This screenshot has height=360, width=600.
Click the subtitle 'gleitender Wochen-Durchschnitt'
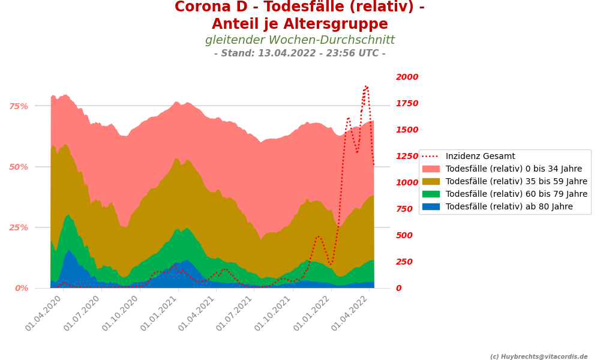(300, 40)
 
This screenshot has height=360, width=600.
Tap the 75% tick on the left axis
(19, 106)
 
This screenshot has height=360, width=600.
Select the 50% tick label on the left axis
(19, 167)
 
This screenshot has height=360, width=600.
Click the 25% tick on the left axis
(19, 227)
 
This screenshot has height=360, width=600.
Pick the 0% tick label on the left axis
(21, 288)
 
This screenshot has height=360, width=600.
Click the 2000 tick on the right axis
(407, 77)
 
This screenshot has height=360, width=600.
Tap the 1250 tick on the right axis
(407, 156)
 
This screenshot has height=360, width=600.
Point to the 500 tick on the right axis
(404, 235)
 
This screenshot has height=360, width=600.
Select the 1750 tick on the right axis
(407, 103)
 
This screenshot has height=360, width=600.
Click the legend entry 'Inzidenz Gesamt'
(480, 157)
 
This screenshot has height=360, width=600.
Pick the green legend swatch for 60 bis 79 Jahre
(431, 194)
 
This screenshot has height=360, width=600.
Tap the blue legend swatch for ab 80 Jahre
(431, 206)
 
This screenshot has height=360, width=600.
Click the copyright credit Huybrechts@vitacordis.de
(539, 356)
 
